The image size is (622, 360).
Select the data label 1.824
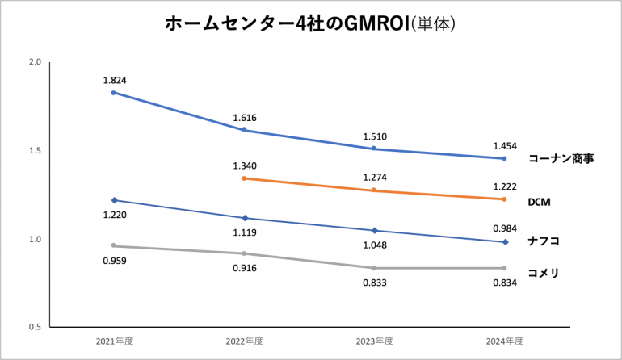pyautogui.click(x=115, y=80)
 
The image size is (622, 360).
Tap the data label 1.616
pyautogui.click(x=245, y=117)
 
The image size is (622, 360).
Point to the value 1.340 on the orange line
pyautogui.click(x=245, y=165)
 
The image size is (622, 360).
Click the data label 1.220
pyautogui.click(x=115, y=216)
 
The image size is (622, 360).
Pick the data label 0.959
pyautogui.click(x=115, y=261)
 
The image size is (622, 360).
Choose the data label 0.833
pyautogui.click(x=375, y=283)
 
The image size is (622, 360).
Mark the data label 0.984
pyautogui.click(x=505, y=228)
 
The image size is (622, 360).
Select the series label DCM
pyautogui.click(x=540, y=200)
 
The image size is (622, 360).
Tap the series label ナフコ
pyautogui.click(x=544, y=241)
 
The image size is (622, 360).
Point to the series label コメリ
pyautogui.click(x=544, y=273)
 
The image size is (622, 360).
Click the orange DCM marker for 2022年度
pyautogui.click(x=244, y=178)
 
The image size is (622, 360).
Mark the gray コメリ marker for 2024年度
pyautogui.click(x=504, y=268)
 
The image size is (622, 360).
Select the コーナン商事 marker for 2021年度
pyautogui.click(x=114, y=93)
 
